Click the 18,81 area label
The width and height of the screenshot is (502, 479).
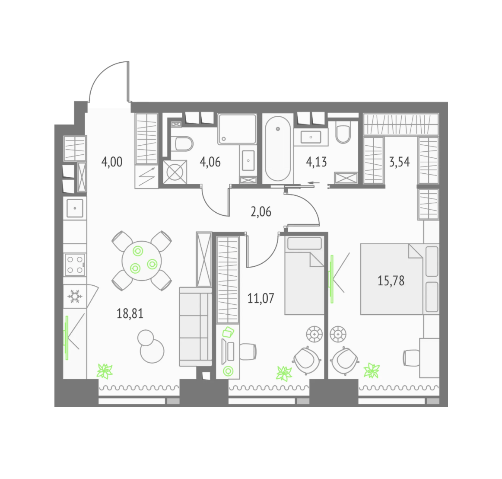tap(130, 313)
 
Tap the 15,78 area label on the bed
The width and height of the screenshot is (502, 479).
tap(391, 281)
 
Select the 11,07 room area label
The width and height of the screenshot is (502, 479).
tap(261, 298)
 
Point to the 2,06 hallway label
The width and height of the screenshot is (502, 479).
tap(261, 212)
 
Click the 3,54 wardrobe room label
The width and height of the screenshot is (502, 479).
tap(399, 162)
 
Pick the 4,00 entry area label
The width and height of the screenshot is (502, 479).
tap(112, 162)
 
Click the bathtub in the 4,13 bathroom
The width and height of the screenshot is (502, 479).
tap(278, 149)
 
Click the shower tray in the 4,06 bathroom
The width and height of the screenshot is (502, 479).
tap(237, 129)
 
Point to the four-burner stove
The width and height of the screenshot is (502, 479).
tap(75, 265)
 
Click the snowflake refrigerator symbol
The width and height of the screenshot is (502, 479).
tap(75, 297)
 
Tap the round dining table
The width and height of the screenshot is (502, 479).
tap(142, 261)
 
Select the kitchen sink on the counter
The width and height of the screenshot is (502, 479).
tap(75, 208)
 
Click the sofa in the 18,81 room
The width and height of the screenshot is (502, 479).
tap(196, 326)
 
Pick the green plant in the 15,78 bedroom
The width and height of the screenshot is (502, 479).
tap(372, 370)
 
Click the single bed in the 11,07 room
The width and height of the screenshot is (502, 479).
tap(305, 275)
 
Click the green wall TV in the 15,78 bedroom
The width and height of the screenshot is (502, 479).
tap(332, 279)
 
